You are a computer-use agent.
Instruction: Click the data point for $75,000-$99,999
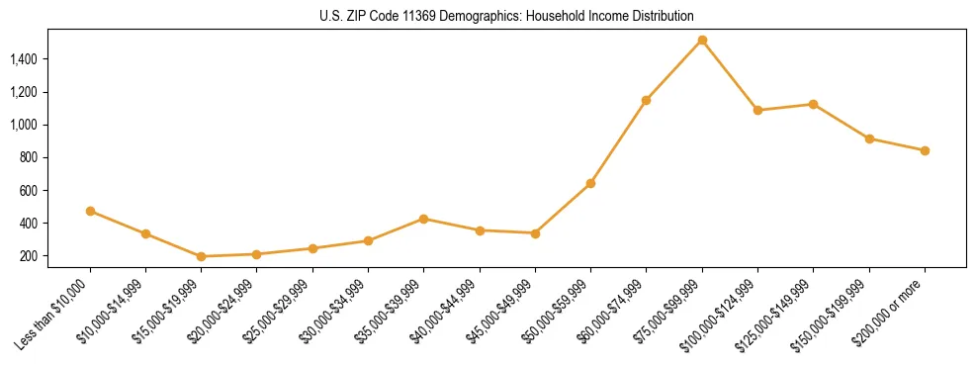702,40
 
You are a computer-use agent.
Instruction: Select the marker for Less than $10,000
90,211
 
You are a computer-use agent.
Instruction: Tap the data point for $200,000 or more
925,150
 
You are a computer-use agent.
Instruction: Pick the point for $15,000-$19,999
202,256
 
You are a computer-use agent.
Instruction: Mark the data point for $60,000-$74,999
646,100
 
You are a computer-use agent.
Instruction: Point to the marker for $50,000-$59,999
590,183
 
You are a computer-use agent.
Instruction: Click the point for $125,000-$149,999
813,104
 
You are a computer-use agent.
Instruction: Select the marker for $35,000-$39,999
424,219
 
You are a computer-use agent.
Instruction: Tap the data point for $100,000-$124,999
757,110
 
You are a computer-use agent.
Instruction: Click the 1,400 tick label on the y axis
24,59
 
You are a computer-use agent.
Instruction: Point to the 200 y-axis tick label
29,256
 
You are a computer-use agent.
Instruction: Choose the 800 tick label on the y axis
29,157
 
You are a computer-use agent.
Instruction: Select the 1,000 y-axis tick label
24,125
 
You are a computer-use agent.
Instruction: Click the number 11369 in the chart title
410,17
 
